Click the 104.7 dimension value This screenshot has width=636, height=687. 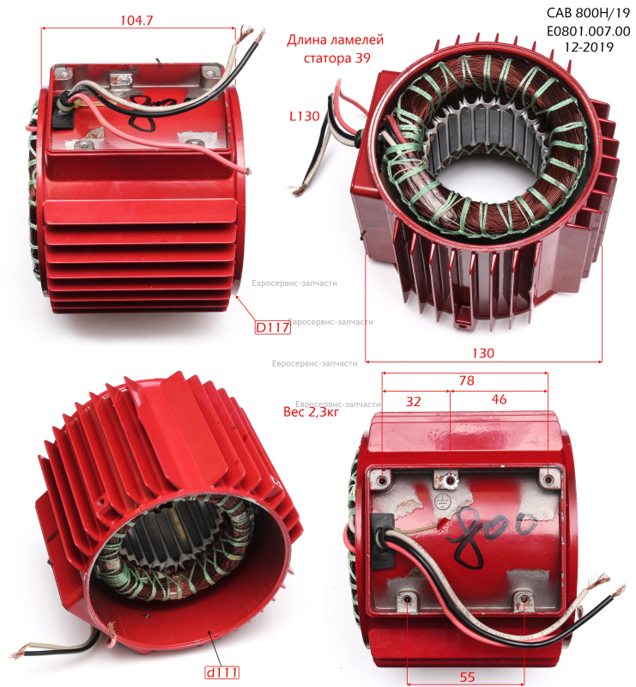point(136,20)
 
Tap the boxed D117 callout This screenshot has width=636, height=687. point(272,327)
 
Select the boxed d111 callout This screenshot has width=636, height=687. point(222,672)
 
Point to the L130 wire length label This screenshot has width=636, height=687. point(305,116)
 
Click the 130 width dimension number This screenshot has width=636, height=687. point(483,353)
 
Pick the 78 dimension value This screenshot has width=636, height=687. point(467,380)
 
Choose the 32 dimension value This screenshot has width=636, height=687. point(413,401)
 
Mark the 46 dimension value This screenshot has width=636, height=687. point(499,399)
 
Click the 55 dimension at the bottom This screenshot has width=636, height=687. point(467,678)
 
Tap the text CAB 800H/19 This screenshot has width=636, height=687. point(588,13)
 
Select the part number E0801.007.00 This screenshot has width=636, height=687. point(588,31)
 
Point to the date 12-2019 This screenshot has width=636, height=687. point(589,47)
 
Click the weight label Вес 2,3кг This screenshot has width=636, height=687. point(311,412)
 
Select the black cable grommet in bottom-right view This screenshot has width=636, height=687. point(383,540)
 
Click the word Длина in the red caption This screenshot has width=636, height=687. point(307,40)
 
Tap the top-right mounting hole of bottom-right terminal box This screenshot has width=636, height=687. point(548,479)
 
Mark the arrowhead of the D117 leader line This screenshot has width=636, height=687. point(238,297)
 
